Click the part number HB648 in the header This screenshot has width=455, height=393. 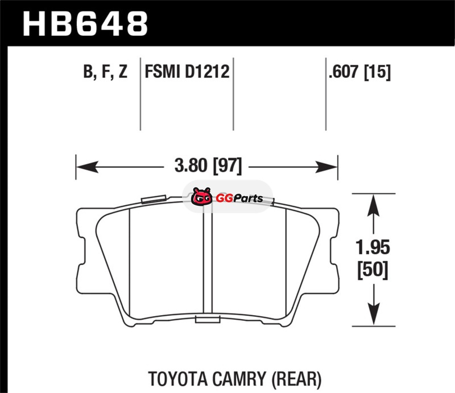(85, 24)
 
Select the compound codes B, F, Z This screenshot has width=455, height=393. (105, 72)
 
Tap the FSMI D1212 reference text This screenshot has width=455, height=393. (187, 72)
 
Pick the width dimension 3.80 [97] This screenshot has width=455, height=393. (208, 166)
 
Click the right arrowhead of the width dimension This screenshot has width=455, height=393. (326, 167)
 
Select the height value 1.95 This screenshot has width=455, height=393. (373, 247)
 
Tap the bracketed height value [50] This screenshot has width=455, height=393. (373, 270)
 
